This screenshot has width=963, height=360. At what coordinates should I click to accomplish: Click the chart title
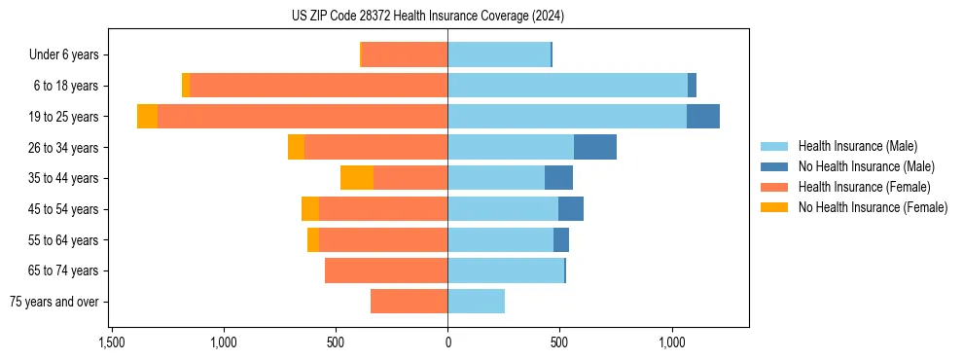(427, 17)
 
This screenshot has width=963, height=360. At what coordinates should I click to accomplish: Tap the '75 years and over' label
(54, 302)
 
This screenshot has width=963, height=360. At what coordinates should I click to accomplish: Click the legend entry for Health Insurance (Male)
(857, 147)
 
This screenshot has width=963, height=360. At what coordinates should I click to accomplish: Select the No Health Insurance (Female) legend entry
(873, 207)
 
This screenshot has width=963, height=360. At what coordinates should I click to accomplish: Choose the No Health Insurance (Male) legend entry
(866, 167)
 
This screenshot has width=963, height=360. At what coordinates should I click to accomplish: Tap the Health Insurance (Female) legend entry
(864, 187)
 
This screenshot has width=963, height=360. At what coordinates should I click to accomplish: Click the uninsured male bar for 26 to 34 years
(595, 147)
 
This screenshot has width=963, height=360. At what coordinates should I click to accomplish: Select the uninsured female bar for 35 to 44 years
(357, 178)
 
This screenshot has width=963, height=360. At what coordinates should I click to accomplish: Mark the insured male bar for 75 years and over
(477, 302)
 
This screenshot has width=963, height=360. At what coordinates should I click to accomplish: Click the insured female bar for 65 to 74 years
(386, 270)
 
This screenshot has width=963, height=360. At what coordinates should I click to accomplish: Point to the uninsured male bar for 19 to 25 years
(703, 117)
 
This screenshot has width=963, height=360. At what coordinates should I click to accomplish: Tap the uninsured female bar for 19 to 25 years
(148, 117)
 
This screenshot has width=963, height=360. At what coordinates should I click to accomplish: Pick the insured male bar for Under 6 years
(499, 54)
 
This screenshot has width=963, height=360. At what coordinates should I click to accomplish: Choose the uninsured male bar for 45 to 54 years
(571, 209)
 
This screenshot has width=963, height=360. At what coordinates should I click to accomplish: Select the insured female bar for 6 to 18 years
(319, 86)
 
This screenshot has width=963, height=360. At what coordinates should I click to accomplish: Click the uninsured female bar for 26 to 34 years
(296, 147)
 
